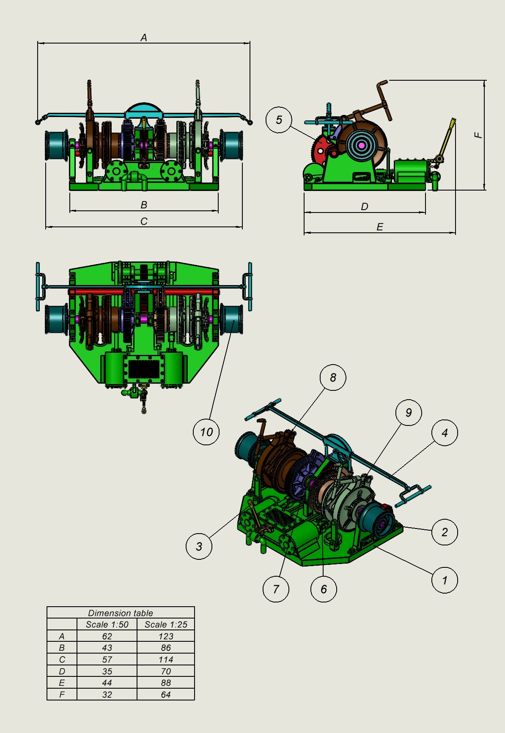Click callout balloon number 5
(x=279, y=120)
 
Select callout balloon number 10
(x=206, y=432)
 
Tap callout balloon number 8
(x=333, y=377)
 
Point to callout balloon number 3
(x=199, y=546)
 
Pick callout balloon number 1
(x=445, y=580)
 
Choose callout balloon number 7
(x=276, y=589)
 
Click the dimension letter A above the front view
(x=144, y=38)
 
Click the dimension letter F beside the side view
(x=478, y=135)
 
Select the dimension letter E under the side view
(x=380, y=227)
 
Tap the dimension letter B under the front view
(x=144, y=205)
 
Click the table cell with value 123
(x=166, y=636)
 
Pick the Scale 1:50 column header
(x=107, y=624)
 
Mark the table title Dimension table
(x=121, y=613)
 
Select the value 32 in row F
(x=107, y=695)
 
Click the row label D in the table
(x=62, y=671)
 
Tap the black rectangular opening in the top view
(x=143, y=369)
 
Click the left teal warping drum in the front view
(x=56, y=146)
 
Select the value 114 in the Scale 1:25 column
(x=166, y=659)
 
